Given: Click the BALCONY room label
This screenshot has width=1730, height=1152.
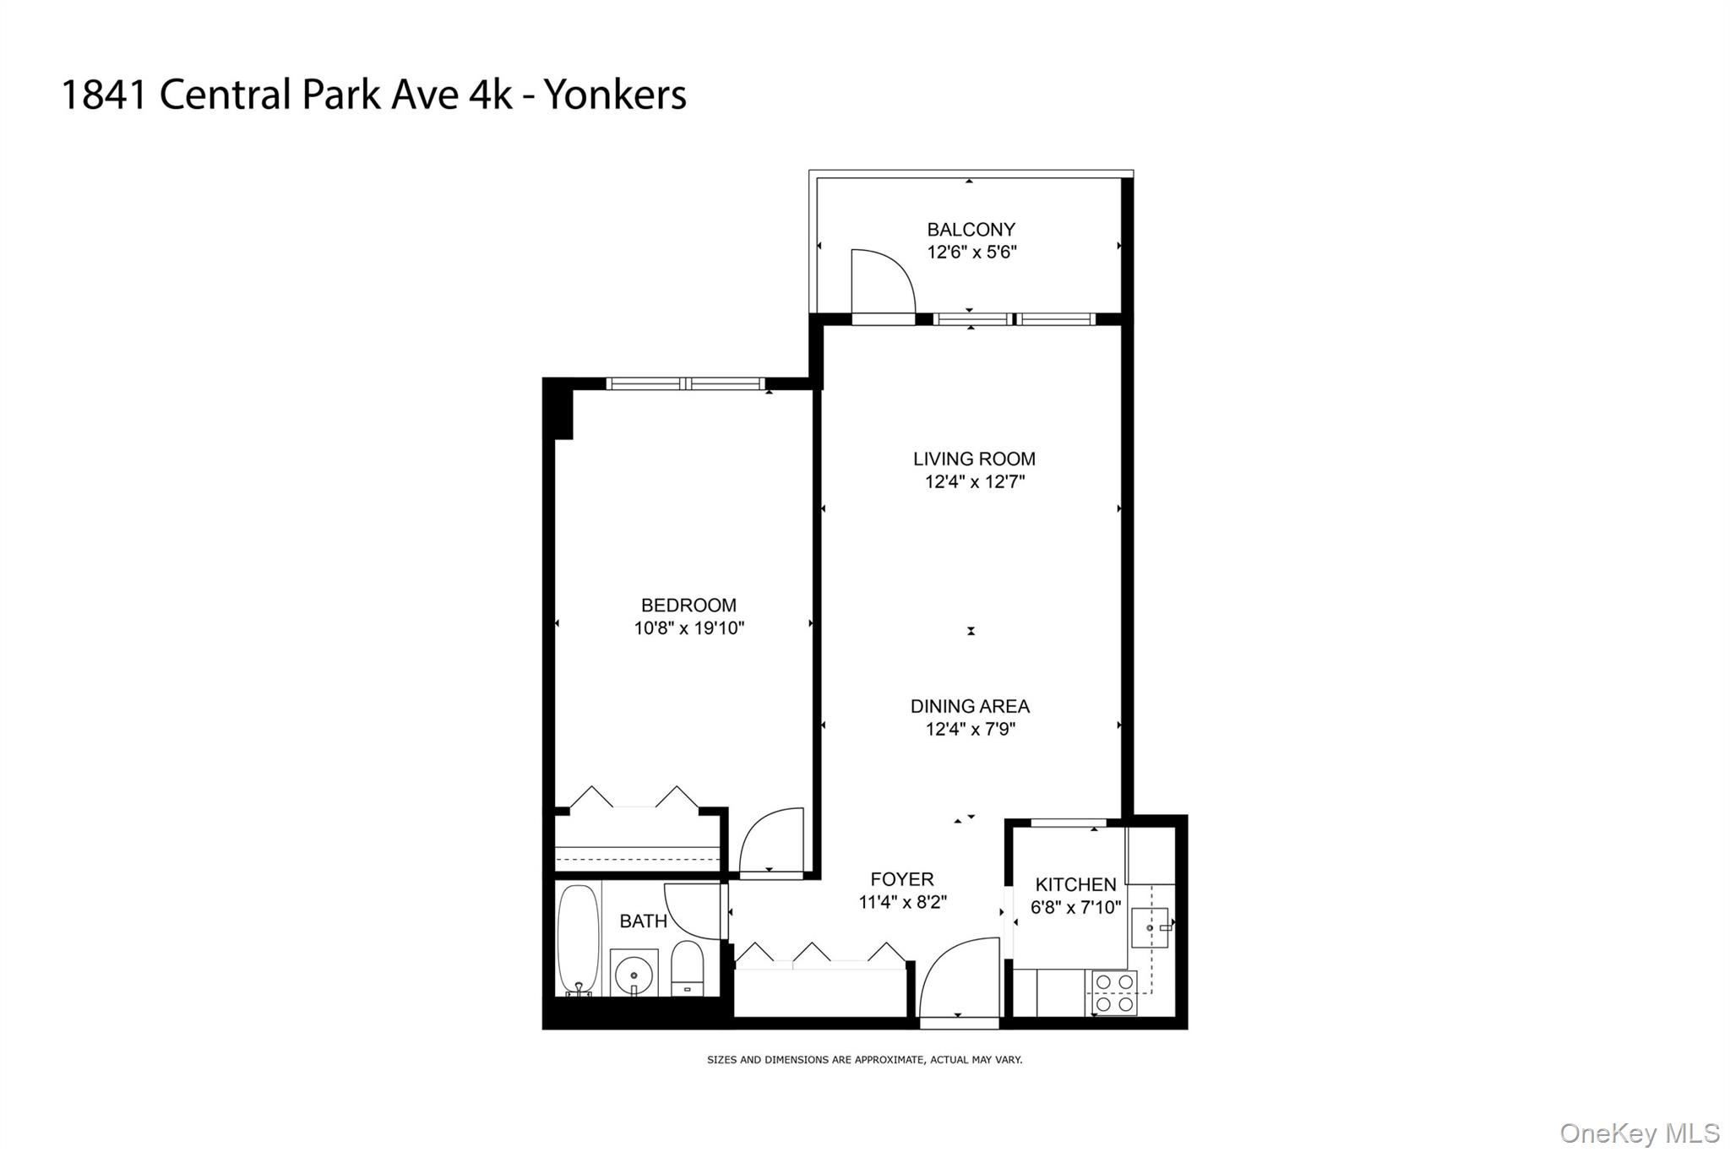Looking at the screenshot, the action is pos(971,230).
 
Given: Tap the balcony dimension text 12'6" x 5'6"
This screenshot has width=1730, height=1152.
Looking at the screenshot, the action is pos(971,252).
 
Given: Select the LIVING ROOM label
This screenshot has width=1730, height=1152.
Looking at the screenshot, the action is pos(974,459).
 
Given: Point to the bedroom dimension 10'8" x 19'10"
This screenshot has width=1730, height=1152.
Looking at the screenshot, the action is pos(689,628).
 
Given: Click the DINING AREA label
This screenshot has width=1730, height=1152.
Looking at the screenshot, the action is pos(970,706).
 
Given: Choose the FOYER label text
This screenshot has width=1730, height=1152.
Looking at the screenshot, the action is pos(902,879).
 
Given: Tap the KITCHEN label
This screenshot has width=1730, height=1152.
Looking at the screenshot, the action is pos(1075,884).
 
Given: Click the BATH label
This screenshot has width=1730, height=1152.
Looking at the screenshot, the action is pos(644,921).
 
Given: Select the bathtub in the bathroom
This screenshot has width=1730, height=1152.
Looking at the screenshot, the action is pos(578,939).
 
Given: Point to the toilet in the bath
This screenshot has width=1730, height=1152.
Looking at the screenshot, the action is pos(687,970).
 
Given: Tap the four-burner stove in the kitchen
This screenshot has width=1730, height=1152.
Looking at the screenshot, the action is pos(1114,993).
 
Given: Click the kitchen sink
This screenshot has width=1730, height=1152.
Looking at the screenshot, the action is pos(1150,928).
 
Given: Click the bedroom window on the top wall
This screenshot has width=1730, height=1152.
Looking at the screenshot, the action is pos(686,383).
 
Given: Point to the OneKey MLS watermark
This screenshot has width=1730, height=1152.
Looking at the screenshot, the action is pos(1639,1133).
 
